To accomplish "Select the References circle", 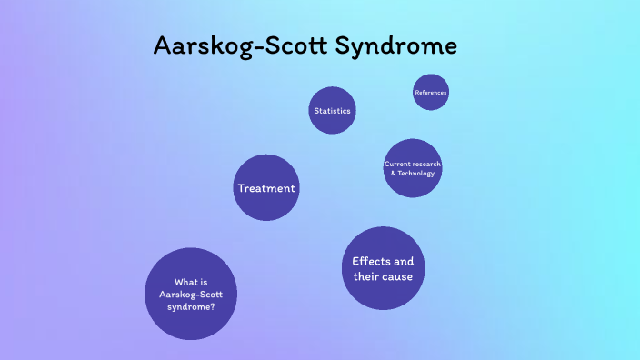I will [x=431, y=93].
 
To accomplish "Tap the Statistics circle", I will [x=332, y=111].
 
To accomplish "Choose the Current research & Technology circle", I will [x=413, y=168].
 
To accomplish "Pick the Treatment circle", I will [x=266, y=188].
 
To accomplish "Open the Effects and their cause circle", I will [x=383, y=268].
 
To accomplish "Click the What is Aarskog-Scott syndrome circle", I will [x=191, y=294].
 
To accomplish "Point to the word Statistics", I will [x=332, y=111].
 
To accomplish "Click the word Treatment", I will [x=266, y=188].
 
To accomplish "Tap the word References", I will [x=431, y=93].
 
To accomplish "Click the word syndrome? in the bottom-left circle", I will [x=191, y=307].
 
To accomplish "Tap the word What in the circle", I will [x=185, y=281].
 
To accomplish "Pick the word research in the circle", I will [x=427, y=164].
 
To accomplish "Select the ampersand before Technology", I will [x=393, y=174].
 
